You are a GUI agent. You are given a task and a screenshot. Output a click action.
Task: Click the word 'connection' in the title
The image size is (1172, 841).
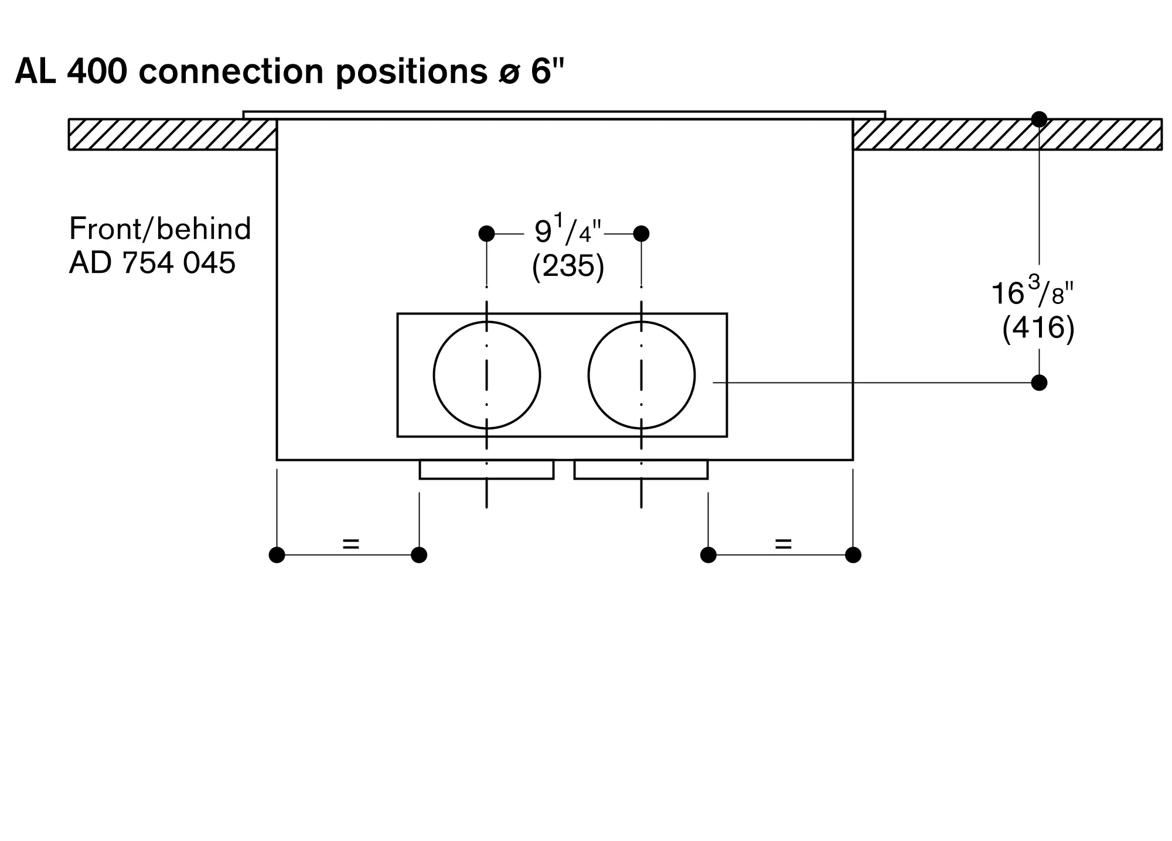tap(231, 71)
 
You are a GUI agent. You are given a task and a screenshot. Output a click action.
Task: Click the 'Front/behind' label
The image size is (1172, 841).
tap(160, 228)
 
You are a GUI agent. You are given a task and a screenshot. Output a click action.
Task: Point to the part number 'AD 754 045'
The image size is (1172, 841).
tap(152, 262)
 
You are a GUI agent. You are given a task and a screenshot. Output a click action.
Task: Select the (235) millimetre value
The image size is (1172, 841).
tap(568, 266)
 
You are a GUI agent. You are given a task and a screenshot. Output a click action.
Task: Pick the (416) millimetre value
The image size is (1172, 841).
tap(1038, 328)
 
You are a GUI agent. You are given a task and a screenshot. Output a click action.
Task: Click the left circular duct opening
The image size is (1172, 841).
tap(487, 375)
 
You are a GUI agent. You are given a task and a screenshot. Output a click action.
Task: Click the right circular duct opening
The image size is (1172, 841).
tap(642, 375)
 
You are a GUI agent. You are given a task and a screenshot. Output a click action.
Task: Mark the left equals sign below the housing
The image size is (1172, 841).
tap(350, 544)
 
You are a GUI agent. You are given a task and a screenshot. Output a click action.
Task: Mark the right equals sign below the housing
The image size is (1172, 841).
tap(783, 544)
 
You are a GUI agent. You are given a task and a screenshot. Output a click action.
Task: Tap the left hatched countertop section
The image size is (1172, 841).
tap(173, 135)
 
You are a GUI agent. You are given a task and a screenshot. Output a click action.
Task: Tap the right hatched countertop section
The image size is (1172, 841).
tap(1007, 135)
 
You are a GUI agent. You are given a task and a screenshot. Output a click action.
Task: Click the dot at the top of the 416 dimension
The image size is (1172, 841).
tap(1039, 119)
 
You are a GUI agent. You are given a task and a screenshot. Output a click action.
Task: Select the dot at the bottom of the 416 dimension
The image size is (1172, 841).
tap(1039, 383)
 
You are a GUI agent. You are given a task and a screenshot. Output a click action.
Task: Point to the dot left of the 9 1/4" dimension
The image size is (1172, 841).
tap(486, 234)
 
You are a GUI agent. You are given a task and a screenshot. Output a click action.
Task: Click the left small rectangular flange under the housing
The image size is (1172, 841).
tap(487, 470)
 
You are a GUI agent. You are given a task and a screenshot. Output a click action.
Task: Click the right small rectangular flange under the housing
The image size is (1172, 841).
tap(641, 470)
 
